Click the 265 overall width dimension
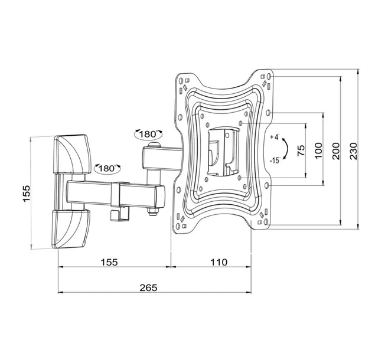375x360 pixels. (x=148, y=287)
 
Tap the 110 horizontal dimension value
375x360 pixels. (x=219, y=262)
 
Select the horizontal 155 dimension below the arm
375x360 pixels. (x=109, y=262)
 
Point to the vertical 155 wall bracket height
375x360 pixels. (x=27, y=193)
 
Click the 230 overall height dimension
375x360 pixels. (x=354, y=151)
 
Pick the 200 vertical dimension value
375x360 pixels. (x=336, y=151)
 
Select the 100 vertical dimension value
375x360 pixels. (x=318, y=151)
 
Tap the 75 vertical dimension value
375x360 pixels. (x=301, y=150)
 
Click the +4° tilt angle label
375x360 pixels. (x=275, y=138)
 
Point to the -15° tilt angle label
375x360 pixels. (x=275, y=161)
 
